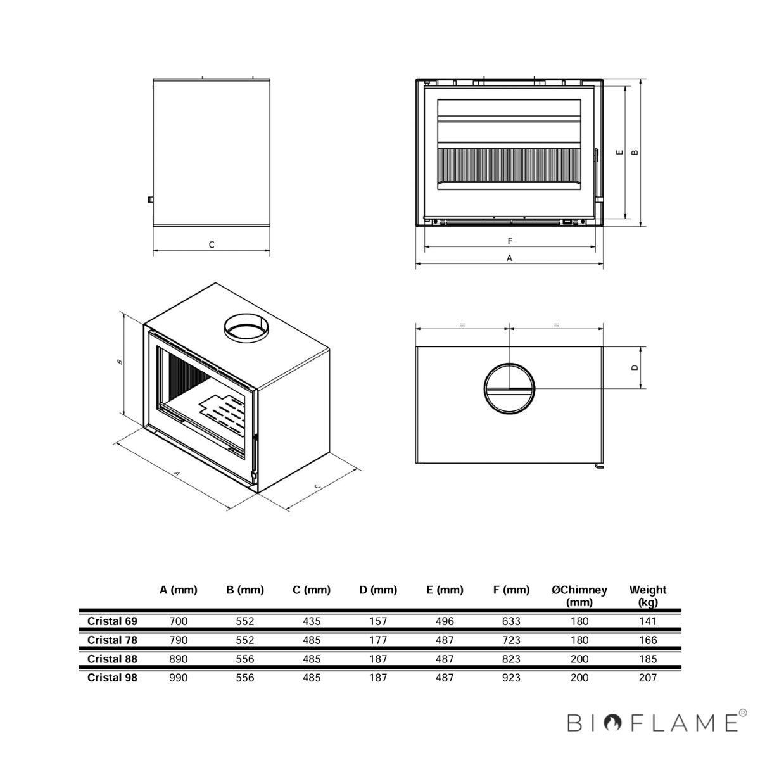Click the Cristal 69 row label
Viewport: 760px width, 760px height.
[112, 621]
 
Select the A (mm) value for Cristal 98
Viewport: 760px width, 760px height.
[178, 678]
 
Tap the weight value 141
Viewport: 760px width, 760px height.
[648, 621]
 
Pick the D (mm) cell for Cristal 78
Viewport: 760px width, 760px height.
[378, 640]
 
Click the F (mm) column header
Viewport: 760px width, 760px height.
[511, 590]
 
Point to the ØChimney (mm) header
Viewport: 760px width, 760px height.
[579, 595]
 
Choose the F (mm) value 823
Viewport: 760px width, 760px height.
[511, 659]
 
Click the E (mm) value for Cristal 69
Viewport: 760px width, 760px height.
[445, 621]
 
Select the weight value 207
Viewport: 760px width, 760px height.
[648, 678]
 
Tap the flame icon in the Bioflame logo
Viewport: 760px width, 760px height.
[612, 723]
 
